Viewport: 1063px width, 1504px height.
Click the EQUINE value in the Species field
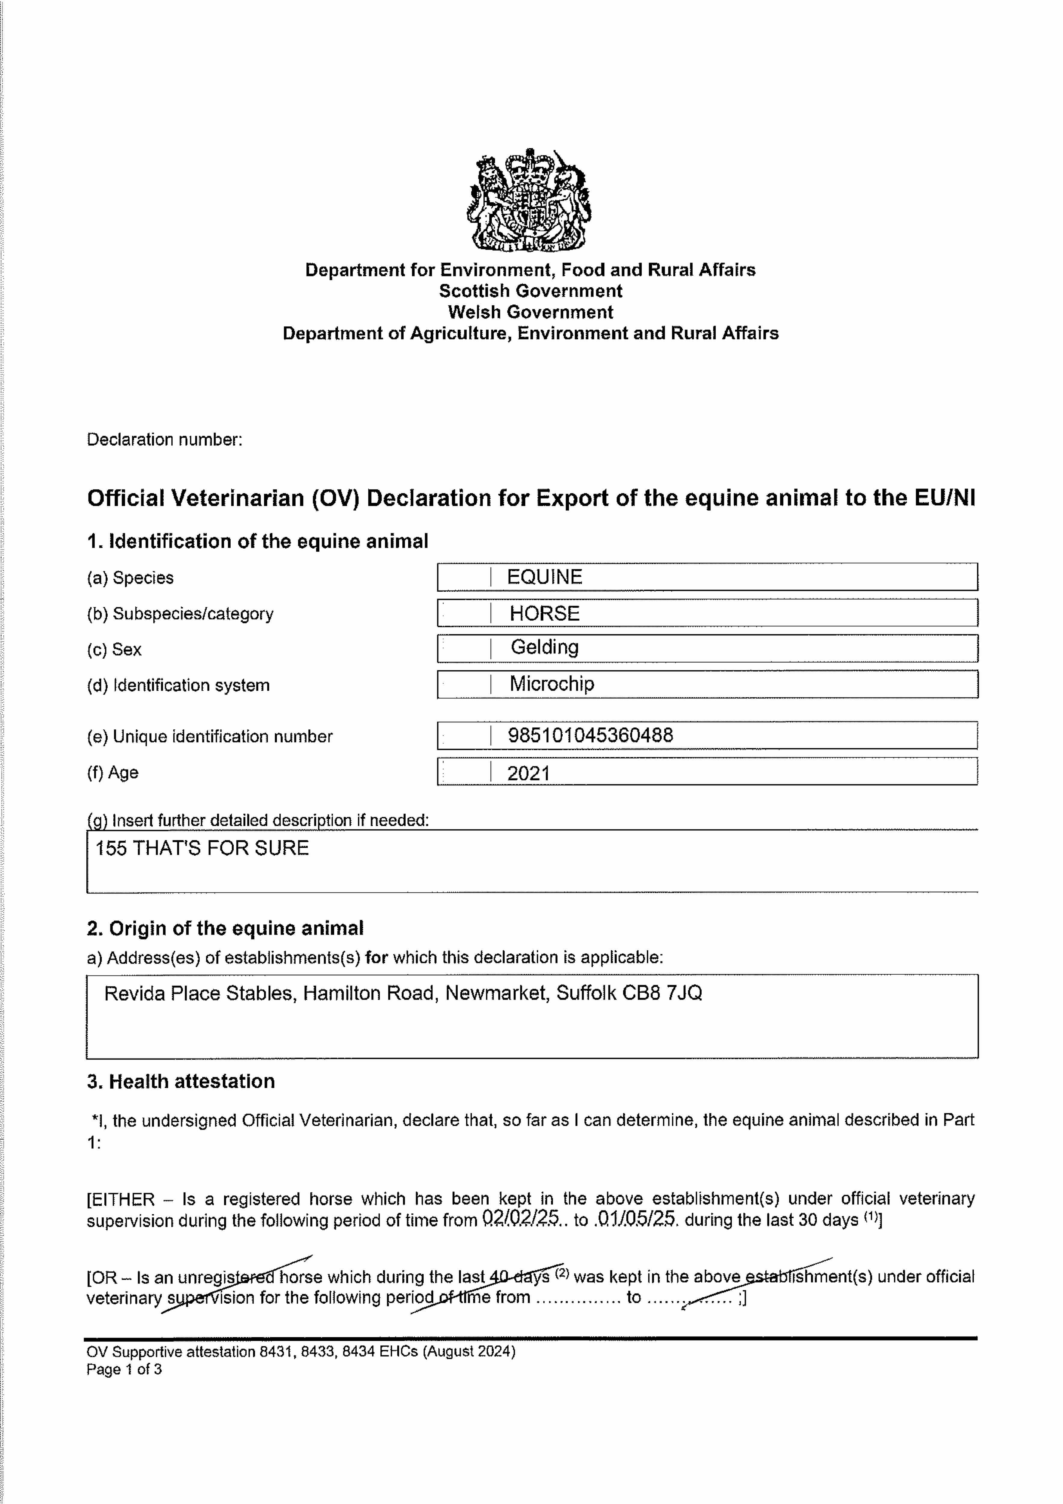tap(544, 577)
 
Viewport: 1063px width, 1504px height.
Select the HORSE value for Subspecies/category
tap(544, 614)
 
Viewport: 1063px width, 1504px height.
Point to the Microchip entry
tap(551, 684)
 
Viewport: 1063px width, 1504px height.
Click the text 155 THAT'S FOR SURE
tap(202, 848)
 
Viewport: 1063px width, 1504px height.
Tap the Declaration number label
tap(164, 439)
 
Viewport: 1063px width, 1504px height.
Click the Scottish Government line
tap(530, 291)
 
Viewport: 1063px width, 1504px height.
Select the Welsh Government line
tap(530, 312)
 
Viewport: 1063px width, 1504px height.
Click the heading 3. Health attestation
tap(181, 1081)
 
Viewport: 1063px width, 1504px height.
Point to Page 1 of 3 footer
tap(124, 1370)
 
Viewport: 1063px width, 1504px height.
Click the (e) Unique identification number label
tap(210, 737)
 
